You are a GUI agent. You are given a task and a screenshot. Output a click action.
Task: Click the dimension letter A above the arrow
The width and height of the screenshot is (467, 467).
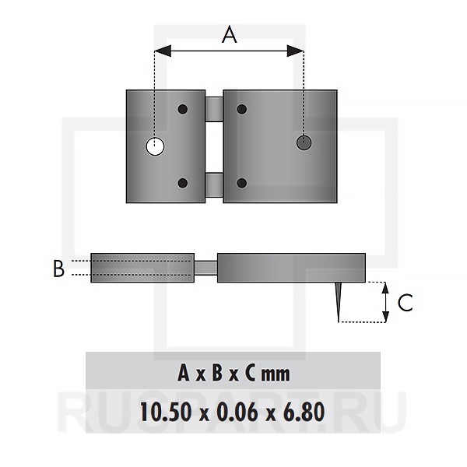click(230, 34)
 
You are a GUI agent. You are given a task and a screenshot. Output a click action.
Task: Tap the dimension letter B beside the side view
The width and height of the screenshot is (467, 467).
click(58, 269)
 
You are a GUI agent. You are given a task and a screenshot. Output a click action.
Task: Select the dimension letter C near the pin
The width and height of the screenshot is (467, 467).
click(406, 303)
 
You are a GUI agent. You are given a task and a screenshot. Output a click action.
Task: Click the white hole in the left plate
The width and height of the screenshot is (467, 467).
click(155, 146)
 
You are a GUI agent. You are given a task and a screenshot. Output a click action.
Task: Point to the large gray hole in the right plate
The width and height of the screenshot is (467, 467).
click(304, 142)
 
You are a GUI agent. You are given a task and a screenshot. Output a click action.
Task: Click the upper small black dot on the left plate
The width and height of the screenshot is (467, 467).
click(183, 109)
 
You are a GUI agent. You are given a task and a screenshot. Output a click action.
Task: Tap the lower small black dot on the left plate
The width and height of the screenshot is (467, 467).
click(183, 183)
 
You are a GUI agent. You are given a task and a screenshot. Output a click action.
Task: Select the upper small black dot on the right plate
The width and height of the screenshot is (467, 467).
click(242, 109)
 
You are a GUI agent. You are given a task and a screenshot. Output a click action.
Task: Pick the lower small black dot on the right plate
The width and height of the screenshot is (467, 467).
click(242, 183)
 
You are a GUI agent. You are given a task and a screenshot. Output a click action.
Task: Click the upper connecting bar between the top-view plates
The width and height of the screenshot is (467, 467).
click(214, 109)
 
